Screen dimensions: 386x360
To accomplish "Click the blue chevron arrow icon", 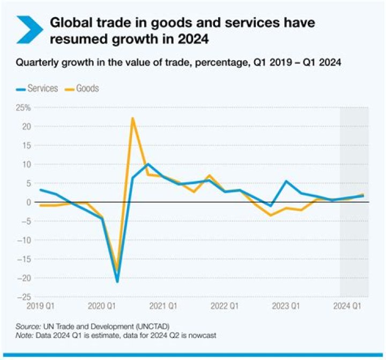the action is pyautogui.click(x=29, y=30).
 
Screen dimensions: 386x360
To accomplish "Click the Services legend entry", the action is pyautogui.click(x=37, y=88).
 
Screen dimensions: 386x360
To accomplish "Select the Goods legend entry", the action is pyautogui.click(x=81, y=88).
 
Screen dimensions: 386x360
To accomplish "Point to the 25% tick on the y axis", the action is pyautogui.click(x=24, y=108).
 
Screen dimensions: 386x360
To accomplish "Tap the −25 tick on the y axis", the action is pyautogui.click(x=24, y=297).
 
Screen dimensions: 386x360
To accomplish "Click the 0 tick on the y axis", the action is pyautogui.click(x=29, y=202).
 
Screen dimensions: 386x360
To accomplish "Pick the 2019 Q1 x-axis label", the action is pyautogui.click(x=40, y=306).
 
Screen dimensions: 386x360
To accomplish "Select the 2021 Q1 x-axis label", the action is pyautogui.click(x=163, y=306).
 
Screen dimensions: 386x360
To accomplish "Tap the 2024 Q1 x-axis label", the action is pyautogui.click(x=347, y=306).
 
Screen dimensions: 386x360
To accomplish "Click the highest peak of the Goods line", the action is pyautogui.click(x=133, y=118).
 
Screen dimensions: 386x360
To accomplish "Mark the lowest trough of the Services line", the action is pyautogui.click(x=117, y=282).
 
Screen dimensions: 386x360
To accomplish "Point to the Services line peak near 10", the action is pyautogui.click(x=148, y=164).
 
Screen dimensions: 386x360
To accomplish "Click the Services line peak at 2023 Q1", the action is pyautogui.click(x=286, y=181).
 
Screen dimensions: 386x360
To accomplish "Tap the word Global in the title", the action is pyautogui.click(x=71, y=22).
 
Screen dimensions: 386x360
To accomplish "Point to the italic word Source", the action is pyautogui.click(x=28, y=327).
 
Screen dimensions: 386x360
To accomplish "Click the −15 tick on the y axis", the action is pyautogui.click(x=24, y=259).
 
